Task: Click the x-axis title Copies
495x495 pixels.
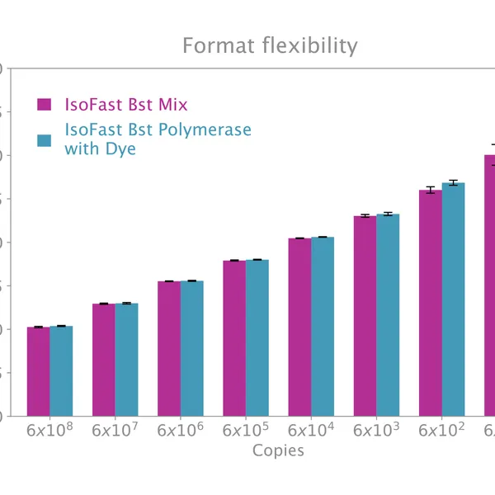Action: click(278, 450)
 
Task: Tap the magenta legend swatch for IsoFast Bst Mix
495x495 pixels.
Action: click(45, 105)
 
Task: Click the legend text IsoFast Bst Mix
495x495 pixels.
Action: click(125, 105)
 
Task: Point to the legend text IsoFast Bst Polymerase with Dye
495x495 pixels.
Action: click(158, 139)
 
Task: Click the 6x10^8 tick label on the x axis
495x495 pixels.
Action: click(49, 430)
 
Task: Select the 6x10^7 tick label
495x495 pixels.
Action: click(115, 430)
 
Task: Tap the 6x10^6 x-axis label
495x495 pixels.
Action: click(180, 430)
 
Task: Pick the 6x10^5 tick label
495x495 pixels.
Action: click(245, 430)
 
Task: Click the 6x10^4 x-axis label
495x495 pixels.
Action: click(311, 430)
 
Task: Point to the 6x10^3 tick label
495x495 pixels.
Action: click(376, 430)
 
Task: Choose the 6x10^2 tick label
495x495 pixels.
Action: click(441, 430)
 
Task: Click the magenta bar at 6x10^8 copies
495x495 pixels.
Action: click(38, 371)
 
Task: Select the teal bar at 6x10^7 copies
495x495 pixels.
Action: click(126, 360)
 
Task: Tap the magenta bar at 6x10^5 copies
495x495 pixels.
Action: click(234, 338)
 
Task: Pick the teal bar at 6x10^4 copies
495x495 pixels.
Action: click(323, 327)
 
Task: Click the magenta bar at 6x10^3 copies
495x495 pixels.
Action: click(365, 316)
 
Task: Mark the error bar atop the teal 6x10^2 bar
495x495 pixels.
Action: click(453, 183)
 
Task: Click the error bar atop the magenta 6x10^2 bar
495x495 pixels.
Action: click(430, 190)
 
